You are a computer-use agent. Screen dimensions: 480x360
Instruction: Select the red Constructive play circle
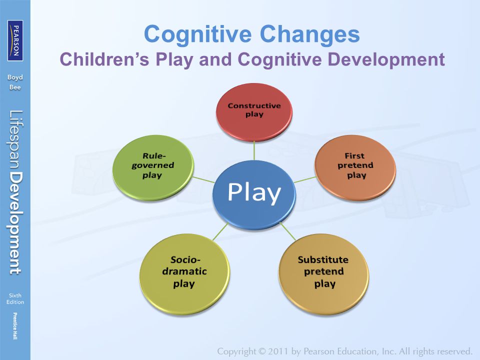point(254,112)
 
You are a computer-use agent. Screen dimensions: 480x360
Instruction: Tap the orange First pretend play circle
point(355,167)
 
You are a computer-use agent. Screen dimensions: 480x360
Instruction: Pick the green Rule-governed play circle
point(153,167)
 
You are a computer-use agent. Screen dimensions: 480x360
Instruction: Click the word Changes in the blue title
point(310,34)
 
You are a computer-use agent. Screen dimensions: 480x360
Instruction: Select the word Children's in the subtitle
point(104,59)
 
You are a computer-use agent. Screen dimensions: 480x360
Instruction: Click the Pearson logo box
point(15,40)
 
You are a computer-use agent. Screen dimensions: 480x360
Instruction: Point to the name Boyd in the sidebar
point(15,78)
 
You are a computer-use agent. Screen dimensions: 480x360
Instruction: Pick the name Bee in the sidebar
point(15,87)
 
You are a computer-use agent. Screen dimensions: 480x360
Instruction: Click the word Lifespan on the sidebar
point(15,139)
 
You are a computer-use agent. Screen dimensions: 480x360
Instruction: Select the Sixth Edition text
point(15,299)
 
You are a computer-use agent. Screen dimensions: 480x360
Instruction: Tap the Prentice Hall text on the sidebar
point(15,326)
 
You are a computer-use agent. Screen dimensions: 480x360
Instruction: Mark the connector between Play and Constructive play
point(254,150)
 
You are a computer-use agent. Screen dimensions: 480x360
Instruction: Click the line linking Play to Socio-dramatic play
point(220,231)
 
